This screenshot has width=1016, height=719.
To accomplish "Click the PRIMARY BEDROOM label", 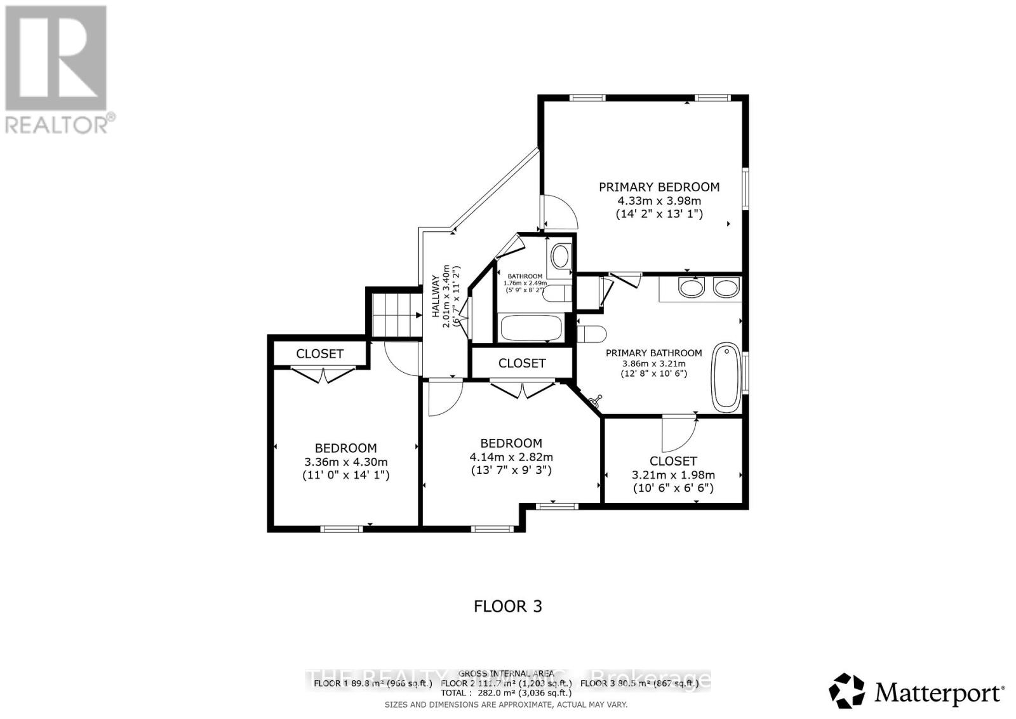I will (659, 187).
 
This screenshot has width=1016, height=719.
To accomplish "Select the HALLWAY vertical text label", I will (436, 296).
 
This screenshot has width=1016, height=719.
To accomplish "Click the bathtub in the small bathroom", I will (531, 328).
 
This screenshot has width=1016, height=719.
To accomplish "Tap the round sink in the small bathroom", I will (560, 257).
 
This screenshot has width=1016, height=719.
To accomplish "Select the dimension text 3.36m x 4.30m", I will (346, 462).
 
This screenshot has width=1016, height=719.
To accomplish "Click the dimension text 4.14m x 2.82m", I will (511, 457).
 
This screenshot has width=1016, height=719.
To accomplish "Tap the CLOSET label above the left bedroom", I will (319, 354).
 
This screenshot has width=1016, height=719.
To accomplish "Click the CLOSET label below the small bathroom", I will (522, 363).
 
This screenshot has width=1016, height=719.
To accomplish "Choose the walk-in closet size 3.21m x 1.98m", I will (673, 474).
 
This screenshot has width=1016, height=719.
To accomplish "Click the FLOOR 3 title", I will (508, 606).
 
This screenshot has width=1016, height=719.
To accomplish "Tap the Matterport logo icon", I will (847, 691).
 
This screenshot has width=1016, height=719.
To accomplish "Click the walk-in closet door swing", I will (678, 432).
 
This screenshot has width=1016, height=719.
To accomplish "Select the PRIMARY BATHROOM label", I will (653, 353).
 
